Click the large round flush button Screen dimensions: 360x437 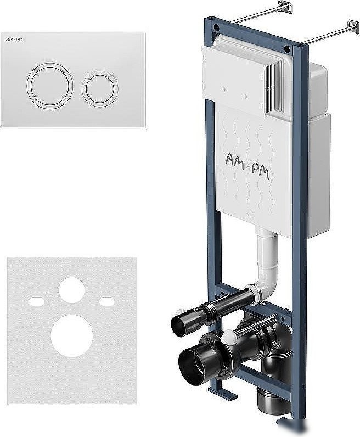tap(50, 86)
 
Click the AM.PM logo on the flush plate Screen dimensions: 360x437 tap(14, 40)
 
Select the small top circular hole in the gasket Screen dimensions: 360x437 tap(71, 290)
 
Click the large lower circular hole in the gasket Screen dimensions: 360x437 tap(72, 336)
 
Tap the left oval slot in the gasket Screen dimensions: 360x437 tap(37, 301)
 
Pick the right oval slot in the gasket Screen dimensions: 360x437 tap(107, 301)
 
